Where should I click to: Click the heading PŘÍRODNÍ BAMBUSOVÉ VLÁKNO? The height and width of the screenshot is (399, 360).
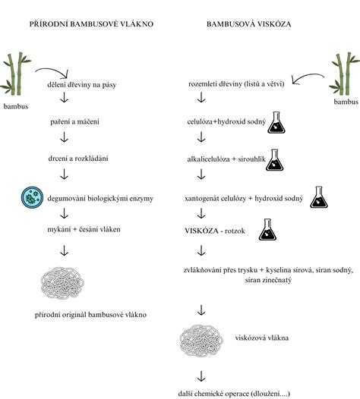(91, 24)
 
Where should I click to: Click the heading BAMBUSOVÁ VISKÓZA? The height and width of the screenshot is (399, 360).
(248, 24)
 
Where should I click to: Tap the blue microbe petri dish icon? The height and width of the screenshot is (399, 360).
(32, 197)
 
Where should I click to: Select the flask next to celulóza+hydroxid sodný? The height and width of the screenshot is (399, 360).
(276, 122)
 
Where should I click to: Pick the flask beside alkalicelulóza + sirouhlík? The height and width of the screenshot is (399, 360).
(275, 160)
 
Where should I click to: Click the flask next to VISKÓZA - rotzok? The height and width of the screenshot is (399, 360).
(267, 230)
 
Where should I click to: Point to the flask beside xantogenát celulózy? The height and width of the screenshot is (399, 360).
(319, 197)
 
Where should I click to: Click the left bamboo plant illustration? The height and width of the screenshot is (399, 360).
(15, 74)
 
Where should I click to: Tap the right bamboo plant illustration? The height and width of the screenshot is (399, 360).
(345, 74)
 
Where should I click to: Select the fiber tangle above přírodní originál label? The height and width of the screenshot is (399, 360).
(62, 283)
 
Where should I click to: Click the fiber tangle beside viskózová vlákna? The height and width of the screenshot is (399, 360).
(201, 341)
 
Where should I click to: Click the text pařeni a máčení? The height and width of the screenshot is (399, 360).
(74, 121)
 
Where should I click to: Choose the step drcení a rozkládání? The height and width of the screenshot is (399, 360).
(78, 159)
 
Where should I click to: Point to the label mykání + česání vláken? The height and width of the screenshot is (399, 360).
(84, 229)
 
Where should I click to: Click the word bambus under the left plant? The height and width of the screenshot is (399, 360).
(16, 106)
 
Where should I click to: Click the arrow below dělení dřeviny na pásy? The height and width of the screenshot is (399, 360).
(64, 97)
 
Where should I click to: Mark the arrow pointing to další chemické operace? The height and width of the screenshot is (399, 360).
(201, 376)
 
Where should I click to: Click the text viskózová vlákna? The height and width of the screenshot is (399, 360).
(262, 338)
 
